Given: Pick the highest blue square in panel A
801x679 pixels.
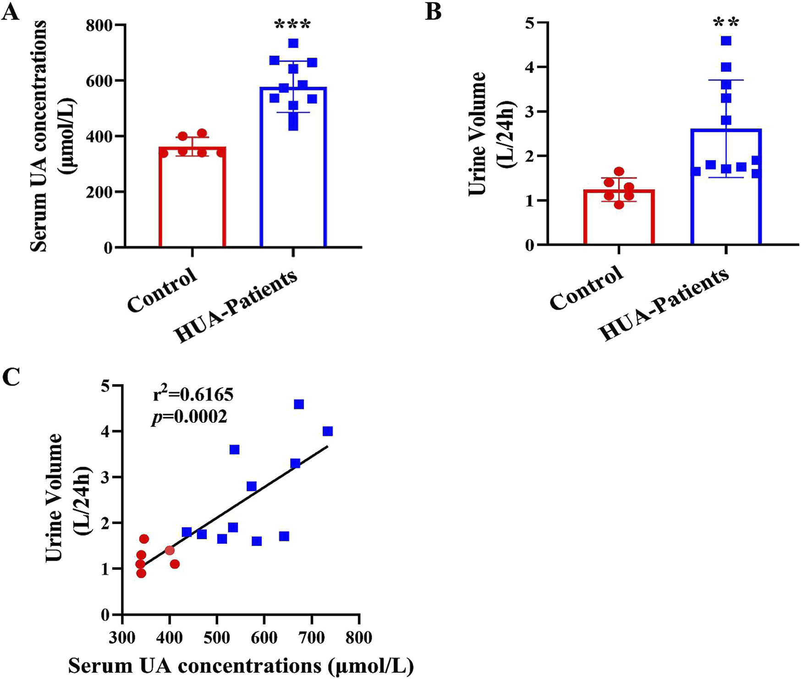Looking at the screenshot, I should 293,43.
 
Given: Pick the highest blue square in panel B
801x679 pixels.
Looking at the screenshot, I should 726,41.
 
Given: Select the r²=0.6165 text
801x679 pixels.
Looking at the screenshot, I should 193,394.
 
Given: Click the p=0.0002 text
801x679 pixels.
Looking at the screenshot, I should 189,417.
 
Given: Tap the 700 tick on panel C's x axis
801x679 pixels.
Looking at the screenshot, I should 312,637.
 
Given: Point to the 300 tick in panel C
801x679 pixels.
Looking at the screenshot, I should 122,637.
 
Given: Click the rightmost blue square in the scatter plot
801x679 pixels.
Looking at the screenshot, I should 328,431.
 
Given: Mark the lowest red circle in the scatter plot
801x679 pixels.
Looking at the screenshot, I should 141,573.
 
